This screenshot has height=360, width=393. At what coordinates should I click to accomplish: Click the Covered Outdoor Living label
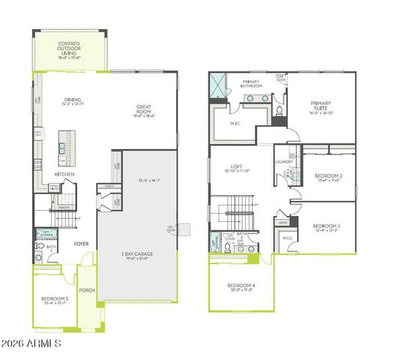[x=74, y=47]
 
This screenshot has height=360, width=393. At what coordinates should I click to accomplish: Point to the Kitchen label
[x=64, y=175]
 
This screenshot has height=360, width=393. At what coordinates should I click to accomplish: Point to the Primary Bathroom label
[x=250, y=84]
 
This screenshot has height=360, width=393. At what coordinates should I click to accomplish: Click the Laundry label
[x=283, y=161]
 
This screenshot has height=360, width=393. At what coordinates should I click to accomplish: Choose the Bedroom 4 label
[x=241, y=286]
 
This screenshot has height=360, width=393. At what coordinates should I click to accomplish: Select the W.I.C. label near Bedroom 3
[x=286, y=238]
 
